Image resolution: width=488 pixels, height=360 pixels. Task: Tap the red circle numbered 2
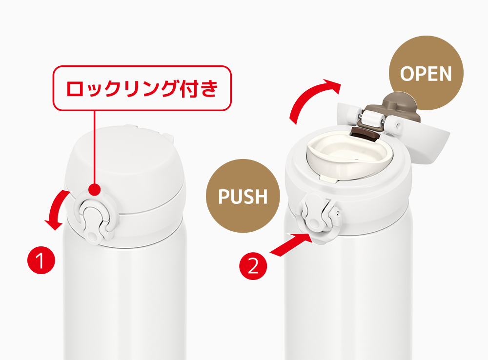[x=253, y=267]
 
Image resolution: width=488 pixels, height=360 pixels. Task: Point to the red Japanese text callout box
[x=141, y=88]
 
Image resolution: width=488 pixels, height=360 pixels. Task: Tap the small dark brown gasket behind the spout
[x=365, y=133]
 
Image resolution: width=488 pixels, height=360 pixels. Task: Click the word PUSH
[x=243, y=197]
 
